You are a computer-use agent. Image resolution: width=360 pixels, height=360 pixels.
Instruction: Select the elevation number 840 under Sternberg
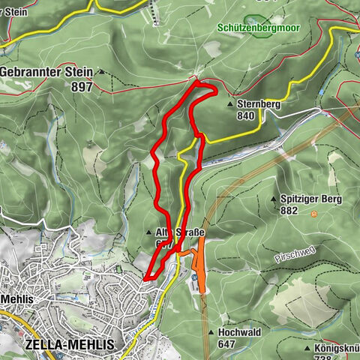(x=245, y=116)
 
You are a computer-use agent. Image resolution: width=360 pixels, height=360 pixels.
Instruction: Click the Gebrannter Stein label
(x=46, y=72)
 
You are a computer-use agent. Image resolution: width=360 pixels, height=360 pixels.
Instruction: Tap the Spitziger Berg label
(x=311, y=199)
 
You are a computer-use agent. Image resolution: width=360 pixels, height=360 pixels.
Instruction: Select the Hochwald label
(x=238, y=331)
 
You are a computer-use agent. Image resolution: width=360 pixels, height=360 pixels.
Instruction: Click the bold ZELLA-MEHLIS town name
(x=70, y=343)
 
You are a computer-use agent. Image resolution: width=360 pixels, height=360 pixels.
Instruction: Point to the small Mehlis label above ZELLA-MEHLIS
(x=14, y=298)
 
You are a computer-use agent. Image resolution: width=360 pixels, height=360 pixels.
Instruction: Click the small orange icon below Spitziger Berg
(x=314, y=214)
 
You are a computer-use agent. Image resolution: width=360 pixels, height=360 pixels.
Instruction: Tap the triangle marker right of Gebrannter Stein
(x=99, y=73)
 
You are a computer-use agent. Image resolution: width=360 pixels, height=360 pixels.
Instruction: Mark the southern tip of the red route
(x=145, y=279)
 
